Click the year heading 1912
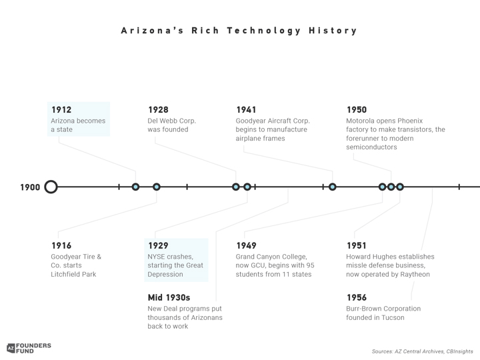click(x=61, y=109)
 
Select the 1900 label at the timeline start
click(x=30, y=187)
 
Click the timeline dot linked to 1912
click(x=135, y=187)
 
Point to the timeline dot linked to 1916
click(x=157, y=187)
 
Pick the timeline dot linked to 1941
click(x=333, y=187)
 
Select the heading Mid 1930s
click(x=169, y=297)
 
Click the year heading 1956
click(x=357, y=297)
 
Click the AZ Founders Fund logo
click(x=29, y=348)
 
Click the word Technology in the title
click(x=264, y=31)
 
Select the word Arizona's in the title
click(x=152, y=31)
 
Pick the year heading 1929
click(x=158, y=245)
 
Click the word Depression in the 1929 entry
click(x=165, y=274)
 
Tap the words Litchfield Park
click(x=73, y=274)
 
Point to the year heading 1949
click(x=246, y=245)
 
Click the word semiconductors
click(x=371, y=147)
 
